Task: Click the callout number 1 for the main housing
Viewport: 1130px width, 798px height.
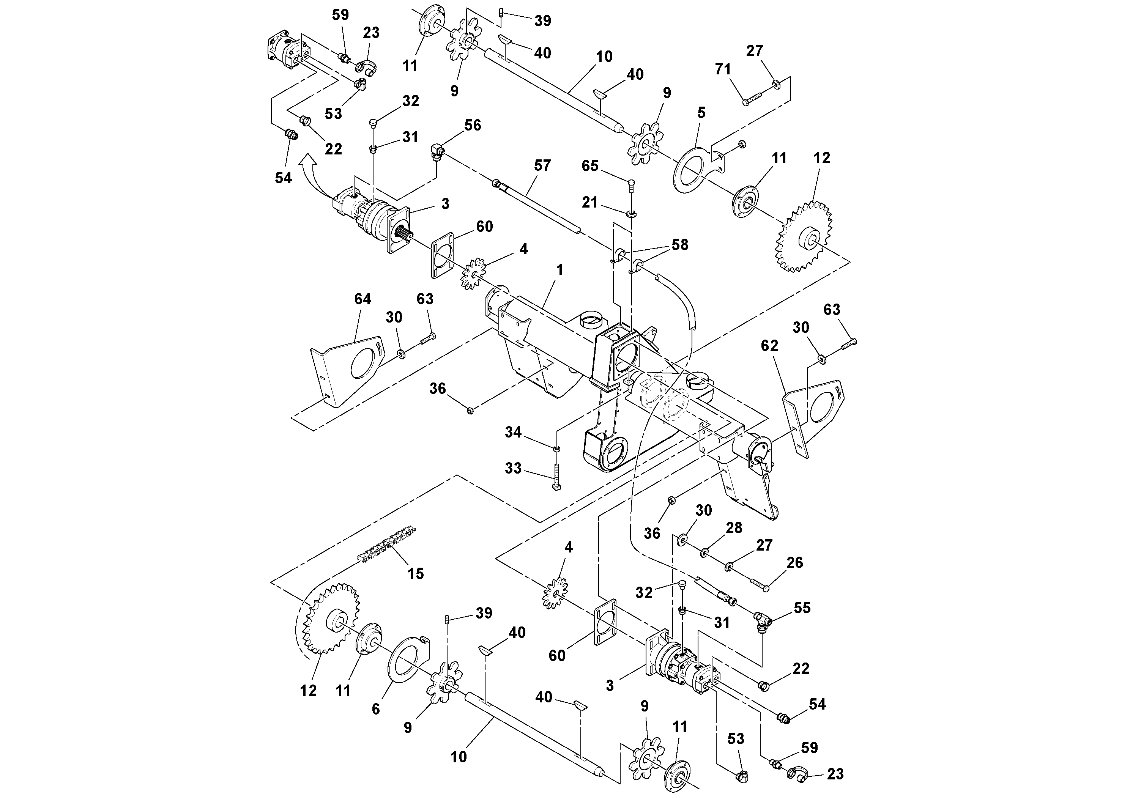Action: tap(559, 270)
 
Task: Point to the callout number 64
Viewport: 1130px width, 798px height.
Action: tap(363, 299)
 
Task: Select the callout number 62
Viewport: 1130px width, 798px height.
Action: tap(769, 345)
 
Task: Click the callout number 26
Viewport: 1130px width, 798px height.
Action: tap(795, 562)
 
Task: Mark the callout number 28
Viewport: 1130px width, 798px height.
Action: tap(734, 527)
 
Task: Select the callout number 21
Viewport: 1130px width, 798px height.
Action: tap(589, 202)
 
